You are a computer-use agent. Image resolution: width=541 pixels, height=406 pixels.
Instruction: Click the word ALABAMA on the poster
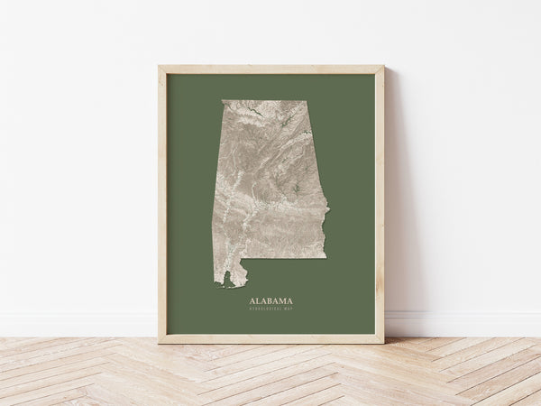click(x=270, y=301)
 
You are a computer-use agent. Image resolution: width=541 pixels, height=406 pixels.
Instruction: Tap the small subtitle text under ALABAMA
click(x=270, y=309)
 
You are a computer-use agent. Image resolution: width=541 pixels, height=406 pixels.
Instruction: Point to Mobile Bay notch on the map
click(x=241, y=276)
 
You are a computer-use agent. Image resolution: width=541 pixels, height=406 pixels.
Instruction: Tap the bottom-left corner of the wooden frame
click(x=160, y=342)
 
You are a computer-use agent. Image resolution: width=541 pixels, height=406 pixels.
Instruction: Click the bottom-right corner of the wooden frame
click(x=382, y=342)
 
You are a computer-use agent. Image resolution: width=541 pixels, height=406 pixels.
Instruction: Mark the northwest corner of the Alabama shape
click(x=224, y=101)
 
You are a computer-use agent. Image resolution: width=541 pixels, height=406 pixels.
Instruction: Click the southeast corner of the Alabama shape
click(x=326, y=257)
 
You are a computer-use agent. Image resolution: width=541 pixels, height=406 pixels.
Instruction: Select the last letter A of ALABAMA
click(x=289, y=301)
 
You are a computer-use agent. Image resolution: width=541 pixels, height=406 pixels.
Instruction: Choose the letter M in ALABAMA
click(x=282, y=301)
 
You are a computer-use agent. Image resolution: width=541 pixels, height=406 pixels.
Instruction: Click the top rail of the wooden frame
click(x=270, y=69)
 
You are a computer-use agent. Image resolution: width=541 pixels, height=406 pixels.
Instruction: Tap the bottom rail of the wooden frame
click(x=270, y=339)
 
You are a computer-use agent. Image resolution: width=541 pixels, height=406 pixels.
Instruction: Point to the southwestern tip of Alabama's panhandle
click(x=217, y=286)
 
